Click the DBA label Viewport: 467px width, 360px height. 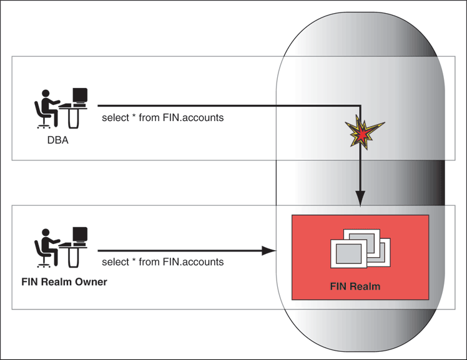click(57, 140)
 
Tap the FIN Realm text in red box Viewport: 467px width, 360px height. click(355, 287)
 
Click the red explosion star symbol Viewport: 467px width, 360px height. click(360, 132)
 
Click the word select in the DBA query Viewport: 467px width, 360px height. click(114, 117)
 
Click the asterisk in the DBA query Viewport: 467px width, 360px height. click(134, 117)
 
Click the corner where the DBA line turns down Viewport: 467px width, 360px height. click(360, 106)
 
